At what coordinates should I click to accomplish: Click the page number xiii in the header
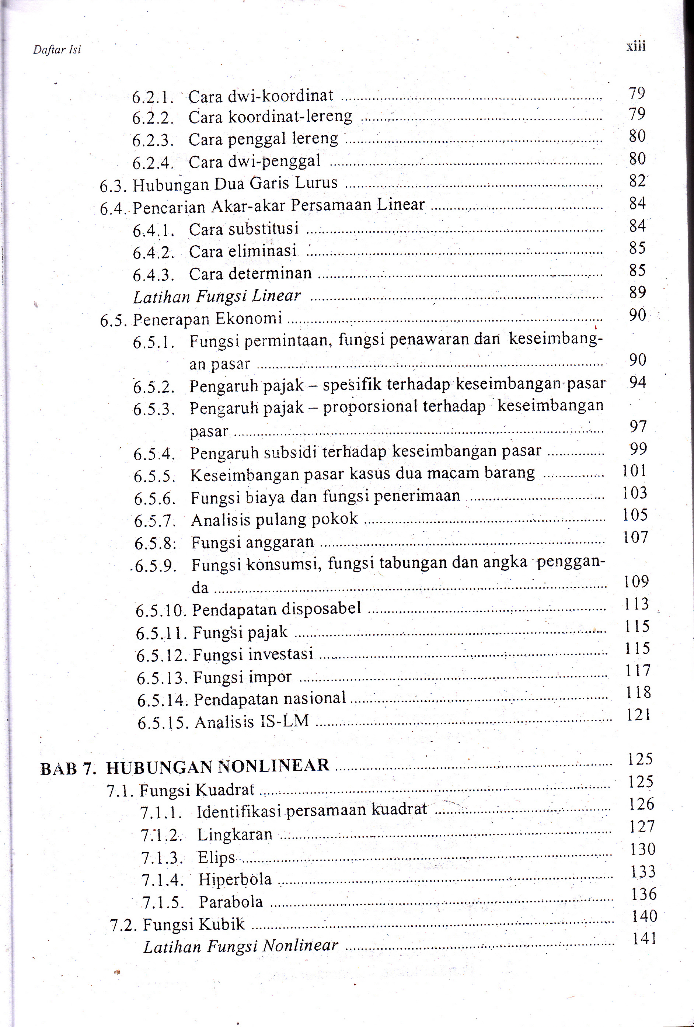pos(636,46)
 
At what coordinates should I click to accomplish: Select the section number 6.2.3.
pos(153,140)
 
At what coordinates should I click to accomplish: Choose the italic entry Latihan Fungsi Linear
pos(216,296)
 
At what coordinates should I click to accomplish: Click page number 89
pos(638,292)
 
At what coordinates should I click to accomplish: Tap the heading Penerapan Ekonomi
pos(207,319)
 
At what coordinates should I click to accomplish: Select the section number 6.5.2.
pos(154,387)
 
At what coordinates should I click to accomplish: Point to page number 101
pos(634,471)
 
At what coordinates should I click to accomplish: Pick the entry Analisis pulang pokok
pos(274,519)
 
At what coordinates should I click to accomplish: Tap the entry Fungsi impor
pos(243,677)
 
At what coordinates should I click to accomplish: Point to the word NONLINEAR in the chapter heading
pos(274,766)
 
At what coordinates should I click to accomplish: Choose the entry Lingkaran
pos(234,835)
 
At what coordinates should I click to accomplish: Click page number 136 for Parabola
pos(644,894)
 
